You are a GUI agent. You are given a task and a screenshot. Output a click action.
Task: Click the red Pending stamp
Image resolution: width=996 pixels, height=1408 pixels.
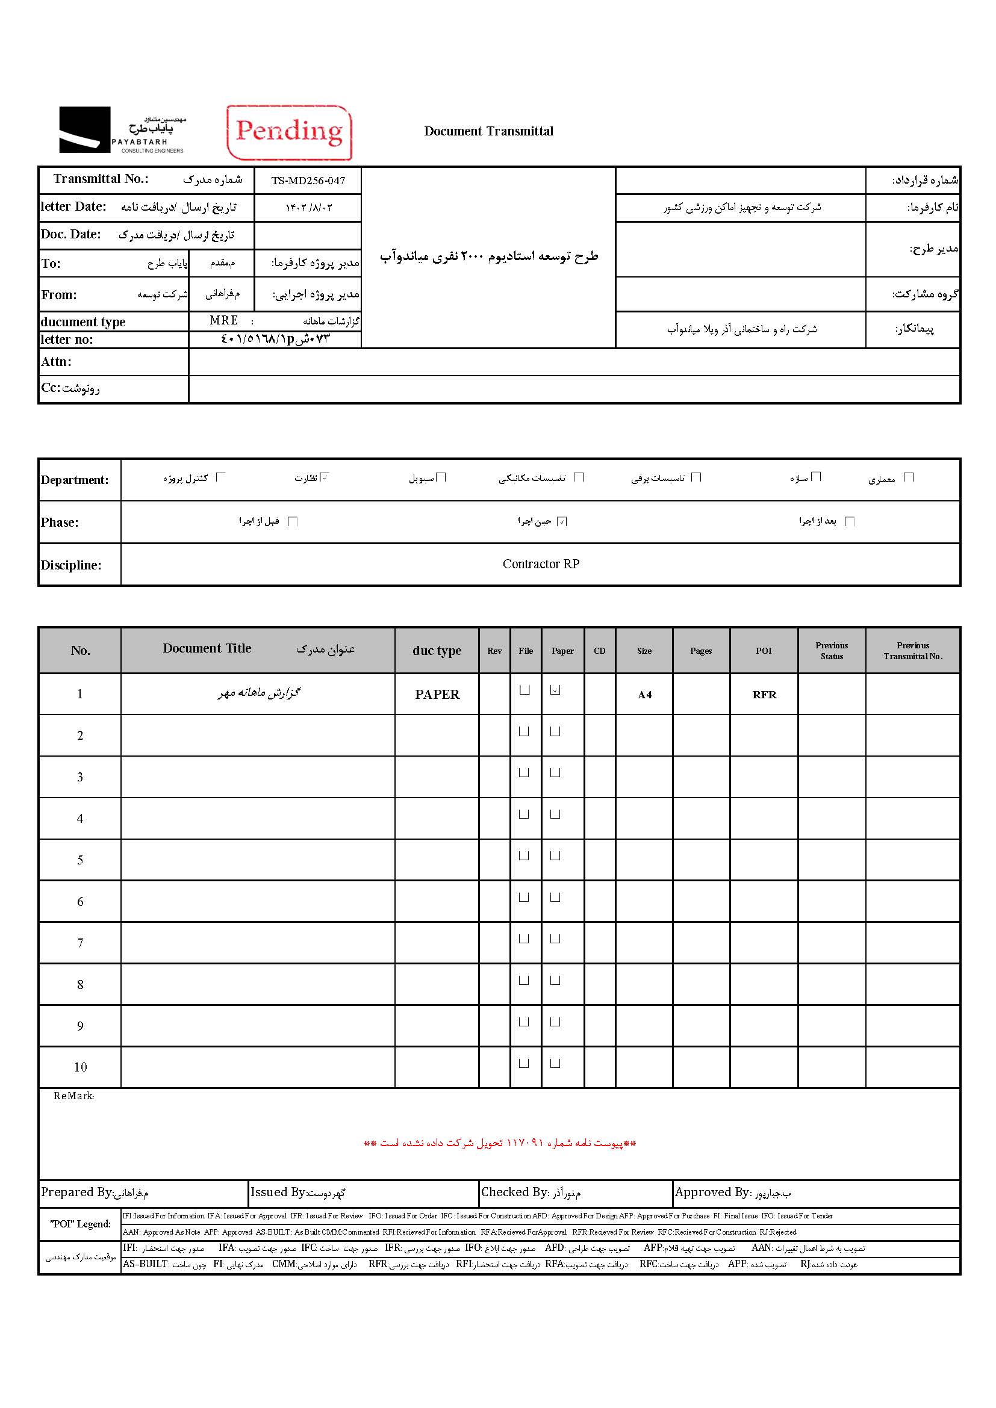pos(289,132)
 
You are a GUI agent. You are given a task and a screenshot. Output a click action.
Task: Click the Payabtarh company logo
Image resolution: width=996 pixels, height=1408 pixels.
pos(122,130)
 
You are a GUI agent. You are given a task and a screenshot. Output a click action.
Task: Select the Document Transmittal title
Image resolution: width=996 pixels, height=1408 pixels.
pos(488,131)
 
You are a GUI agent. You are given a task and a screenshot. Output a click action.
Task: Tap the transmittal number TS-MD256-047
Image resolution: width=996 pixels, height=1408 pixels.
pos(308,181)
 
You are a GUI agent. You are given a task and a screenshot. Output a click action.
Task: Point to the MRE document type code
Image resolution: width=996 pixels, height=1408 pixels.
pos(224,321)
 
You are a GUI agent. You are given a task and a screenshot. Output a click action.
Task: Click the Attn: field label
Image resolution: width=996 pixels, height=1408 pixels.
pos(57,362)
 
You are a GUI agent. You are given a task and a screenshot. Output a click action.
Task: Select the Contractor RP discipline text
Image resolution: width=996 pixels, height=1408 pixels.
pos(540,564)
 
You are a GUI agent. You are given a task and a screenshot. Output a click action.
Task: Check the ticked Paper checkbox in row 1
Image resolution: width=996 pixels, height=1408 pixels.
pos(555,690)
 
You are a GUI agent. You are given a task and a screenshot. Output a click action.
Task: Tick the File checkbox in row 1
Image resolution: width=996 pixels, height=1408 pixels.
pos(524,690)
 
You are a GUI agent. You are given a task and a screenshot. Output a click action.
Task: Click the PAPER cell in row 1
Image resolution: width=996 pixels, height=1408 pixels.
pos(437,694)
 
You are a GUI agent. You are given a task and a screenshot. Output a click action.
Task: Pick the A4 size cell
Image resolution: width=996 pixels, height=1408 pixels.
pos(644,695)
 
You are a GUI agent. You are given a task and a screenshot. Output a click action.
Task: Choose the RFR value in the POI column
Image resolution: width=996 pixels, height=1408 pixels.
pos(764,695)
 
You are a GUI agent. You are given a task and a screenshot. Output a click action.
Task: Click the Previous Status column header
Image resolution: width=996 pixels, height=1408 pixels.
pos(831,651)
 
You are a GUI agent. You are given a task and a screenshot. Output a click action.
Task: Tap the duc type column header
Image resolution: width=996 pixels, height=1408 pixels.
pos(437,651)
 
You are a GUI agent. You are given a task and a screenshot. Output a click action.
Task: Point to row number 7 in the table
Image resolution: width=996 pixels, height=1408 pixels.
pos(79,943)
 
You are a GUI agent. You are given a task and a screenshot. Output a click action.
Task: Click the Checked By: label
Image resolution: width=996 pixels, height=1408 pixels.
pos(514,1192)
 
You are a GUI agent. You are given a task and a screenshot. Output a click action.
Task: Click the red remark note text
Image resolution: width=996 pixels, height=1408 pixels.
pos(500,1143)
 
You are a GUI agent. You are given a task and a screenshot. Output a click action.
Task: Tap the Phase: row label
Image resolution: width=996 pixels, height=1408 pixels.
pos(60,523)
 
